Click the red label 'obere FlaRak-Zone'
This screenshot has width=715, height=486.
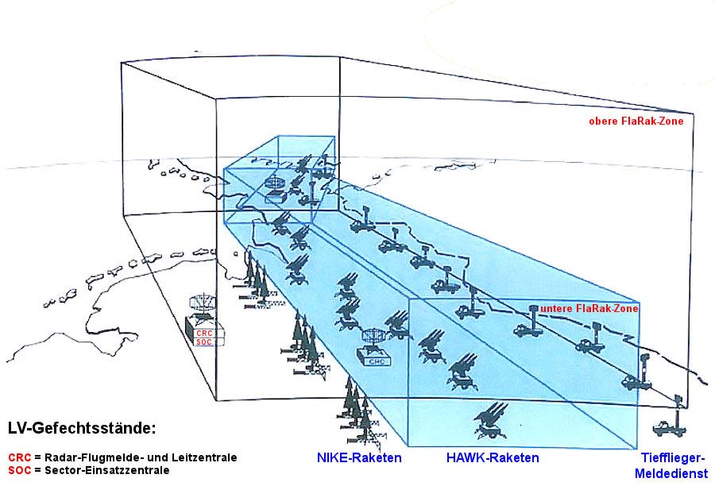(636, 121)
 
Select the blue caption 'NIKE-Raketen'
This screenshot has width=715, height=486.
(359, 458)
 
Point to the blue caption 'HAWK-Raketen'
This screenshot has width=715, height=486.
(493, 458)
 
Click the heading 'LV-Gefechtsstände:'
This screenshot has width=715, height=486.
(82, 429)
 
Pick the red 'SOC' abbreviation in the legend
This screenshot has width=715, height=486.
(19, 470)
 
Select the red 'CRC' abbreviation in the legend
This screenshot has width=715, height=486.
(19, 457)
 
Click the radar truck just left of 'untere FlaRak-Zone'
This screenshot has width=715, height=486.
(528, 322)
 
